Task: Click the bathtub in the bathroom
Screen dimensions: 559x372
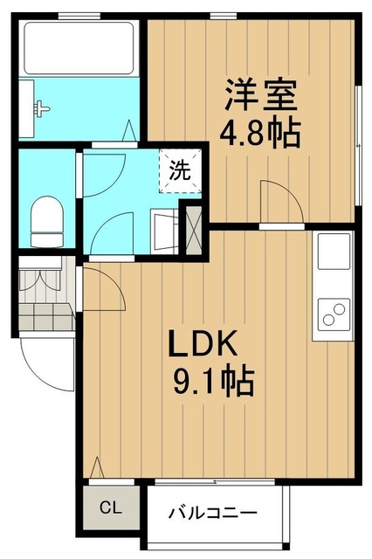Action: click(x=79, y=48)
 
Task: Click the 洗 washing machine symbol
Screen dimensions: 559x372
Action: click(x=178, y=169)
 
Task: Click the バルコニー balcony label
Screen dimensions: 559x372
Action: click(x=212, y=512)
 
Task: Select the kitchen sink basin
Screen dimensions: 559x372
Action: click(x=333, y=252)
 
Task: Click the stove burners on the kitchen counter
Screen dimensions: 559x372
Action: click(x=333, y=312)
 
